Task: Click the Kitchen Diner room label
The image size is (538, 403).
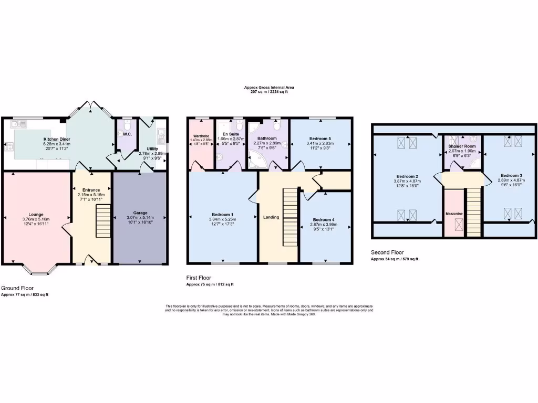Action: coord(57,139)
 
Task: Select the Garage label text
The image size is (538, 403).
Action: coord(139,213)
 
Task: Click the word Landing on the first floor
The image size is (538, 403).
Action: coord(271,217)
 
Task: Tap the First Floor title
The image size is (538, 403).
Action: coord(199,278)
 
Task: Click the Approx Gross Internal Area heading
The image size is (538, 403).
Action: coord(269,87)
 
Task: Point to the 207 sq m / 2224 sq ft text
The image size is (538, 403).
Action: coord(269,92)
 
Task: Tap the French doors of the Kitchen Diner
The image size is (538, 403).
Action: coord(90,107)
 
